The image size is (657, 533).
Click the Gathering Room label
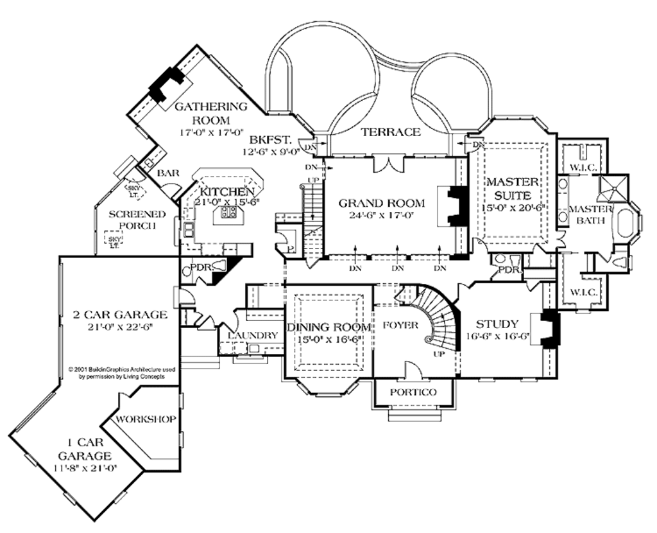[x=203, y=113]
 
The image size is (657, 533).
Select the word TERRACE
[x=390, y=132]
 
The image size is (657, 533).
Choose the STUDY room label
[x=497, y=324]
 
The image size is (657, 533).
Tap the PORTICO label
[x=414, y=392]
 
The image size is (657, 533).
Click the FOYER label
[x=396, y=325]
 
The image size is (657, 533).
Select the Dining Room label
[x=328, y=328]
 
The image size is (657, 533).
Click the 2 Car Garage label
[x=120, y=315]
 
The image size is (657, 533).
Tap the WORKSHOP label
[x=146, y=419]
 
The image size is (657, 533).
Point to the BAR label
[x=168, y=173]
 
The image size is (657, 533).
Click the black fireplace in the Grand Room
[x=457, y=206]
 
